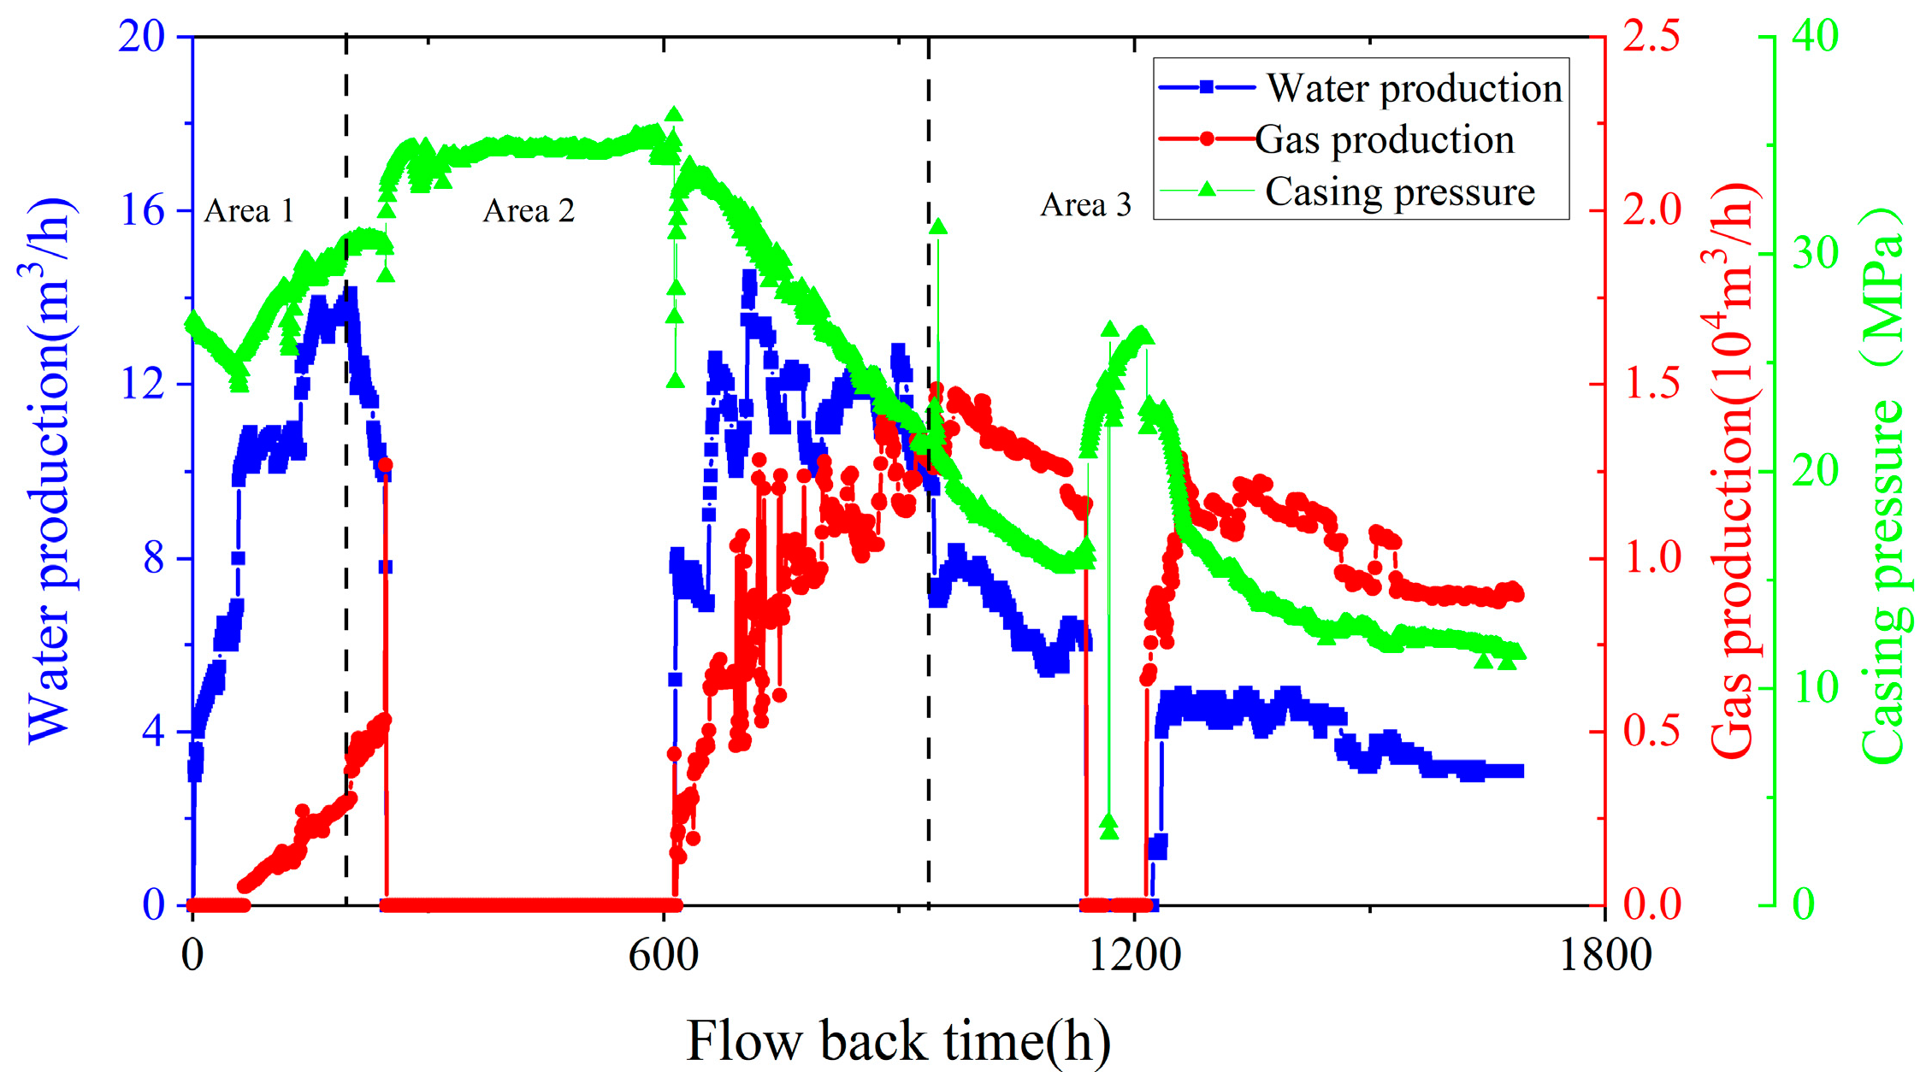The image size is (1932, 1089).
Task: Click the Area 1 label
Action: tap(249, 210)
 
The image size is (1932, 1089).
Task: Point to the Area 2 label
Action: tap(529, 210)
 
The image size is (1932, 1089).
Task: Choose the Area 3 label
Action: tap(1085, 205)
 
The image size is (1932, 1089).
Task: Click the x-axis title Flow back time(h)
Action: tap(898, 1041)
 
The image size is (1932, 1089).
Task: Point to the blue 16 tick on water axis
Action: tap(142, 210)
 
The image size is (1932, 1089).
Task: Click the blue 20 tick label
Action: tap(141, 37)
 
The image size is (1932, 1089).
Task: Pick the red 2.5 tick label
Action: tap(1651, 37)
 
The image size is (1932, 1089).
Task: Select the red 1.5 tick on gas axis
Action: tap(1651, 385)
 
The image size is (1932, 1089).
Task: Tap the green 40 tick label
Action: tap(1815, 37)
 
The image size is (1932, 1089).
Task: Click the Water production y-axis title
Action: tap(49, 470)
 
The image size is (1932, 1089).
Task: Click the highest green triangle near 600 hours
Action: tap(674, 115)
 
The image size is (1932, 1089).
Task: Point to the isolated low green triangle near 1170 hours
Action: tap(1109, 827)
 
